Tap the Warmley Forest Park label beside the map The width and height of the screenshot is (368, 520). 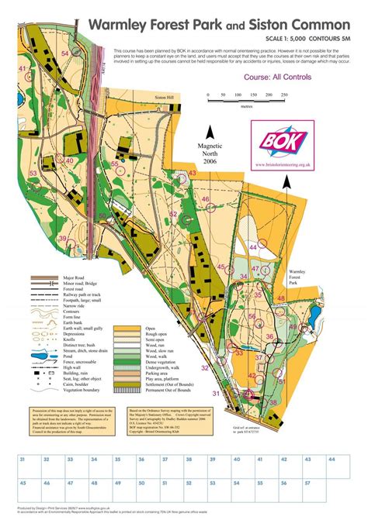point(300,278)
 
